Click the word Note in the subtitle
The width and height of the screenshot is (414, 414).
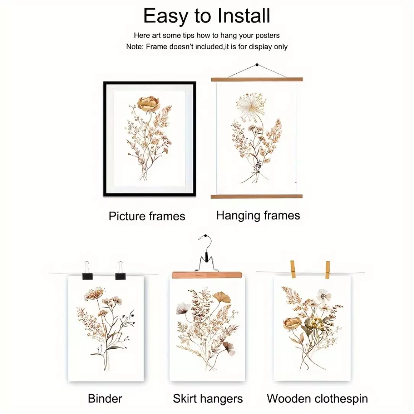pos(135,47)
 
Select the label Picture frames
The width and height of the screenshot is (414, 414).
pos(147,216)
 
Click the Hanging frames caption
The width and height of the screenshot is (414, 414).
pos(258,215)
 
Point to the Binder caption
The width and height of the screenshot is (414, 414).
pos(105,399)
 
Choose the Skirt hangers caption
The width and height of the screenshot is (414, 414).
pos(208,399)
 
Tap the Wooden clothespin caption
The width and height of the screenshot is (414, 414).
pos(317,399)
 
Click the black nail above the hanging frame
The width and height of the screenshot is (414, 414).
pos(257,65)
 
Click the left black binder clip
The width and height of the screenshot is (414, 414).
pos(87,272)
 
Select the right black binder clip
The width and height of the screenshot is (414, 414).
pos(120,272)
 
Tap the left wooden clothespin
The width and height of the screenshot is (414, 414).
pos(293,269)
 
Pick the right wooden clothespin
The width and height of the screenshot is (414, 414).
pos(327,270)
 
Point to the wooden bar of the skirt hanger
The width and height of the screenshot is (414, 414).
pos(207,275)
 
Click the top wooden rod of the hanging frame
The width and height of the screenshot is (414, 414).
pos(257,79)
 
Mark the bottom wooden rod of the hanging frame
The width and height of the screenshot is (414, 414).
pos(257,196)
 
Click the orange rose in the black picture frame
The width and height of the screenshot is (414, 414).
pos(149,103)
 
